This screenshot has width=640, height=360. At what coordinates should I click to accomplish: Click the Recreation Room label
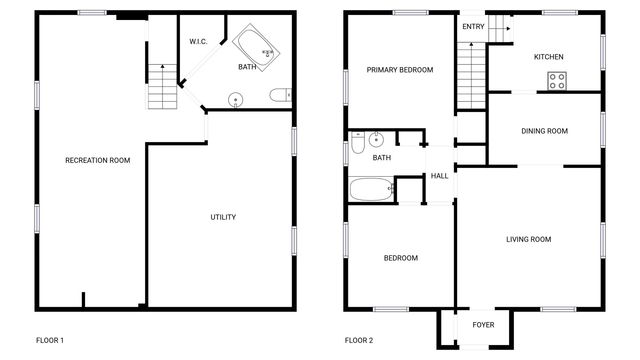(x=98, y=161)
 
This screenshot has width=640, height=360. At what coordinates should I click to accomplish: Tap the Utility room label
(x=223, y=217)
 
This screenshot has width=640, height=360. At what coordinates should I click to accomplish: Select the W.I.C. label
(x=198, y=41)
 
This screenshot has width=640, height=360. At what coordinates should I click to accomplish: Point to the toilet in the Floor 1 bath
(x=281, y=97)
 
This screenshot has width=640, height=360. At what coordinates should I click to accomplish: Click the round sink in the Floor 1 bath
(x=236, y=99)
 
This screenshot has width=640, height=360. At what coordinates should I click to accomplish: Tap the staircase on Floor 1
(x=162, y=86)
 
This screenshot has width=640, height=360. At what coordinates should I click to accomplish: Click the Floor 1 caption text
(x=49, y=340)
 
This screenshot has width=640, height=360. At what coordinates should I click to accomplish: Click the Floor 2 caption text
(x=359, y=340)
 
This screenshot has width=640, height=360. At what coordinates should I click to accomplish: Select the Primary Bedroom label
(x=400, y=70)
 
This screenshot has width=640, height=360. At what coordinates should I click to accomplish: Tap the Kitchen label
(x=548, y=57)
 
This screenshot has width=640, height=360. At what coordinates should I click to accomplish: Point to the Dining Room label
(x=544, y=131)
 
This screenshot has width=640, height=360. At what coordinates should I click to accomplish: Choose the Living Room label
(x=528, y=239)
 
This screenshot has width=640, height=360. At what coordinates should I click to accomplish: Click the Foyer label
(x=483, y=325)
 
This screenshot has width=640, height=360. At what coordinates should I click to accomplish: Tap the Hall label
(x=439, y=177)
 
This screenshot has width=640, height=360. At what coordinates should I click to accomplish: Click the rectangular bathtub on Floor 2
(x=371, y=188)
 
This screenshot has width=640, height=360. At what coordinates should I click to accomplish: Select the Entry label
(x=473, y=26)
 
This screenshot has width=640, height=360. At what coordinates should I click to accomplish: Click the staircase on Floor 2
(x=471, y=76)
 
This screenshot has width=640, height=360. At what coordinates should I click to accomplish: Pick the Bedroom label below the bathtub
(x=401, y=258)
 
